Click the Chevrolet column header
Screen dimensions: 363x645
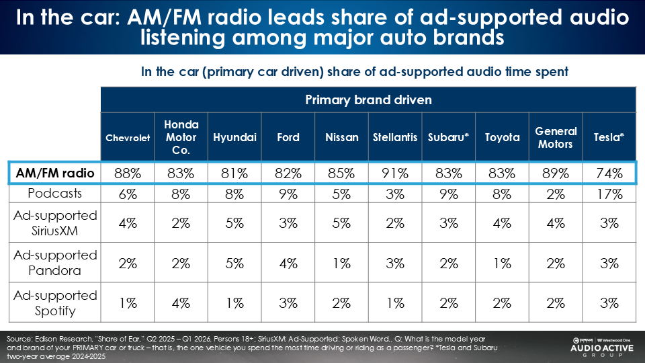click(128, 138)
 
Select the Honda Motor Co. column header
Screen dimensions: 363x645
click(181, 137)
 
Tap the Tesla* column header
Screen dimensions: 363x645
click(609, 137)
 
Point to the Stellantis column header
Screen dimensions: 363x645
click(395, 138)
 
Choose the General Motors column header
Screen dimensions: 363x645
click(556, 137)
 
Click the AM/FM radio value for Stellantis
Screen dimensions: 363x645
click(395, 173)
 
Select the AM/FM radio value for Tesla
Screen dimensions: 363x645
click(609, 173)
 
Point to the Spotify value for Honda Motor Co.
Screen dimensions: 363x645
click(181, 304)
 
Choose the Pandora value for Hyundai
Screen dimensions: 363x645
click(235, 264)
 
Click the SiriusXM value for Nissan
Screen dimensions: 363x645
click(342, 223)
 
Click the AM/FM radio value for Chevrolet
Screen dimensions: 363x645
click(128, 173)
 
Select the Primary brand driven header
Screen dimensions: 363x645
click(368, 100)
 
